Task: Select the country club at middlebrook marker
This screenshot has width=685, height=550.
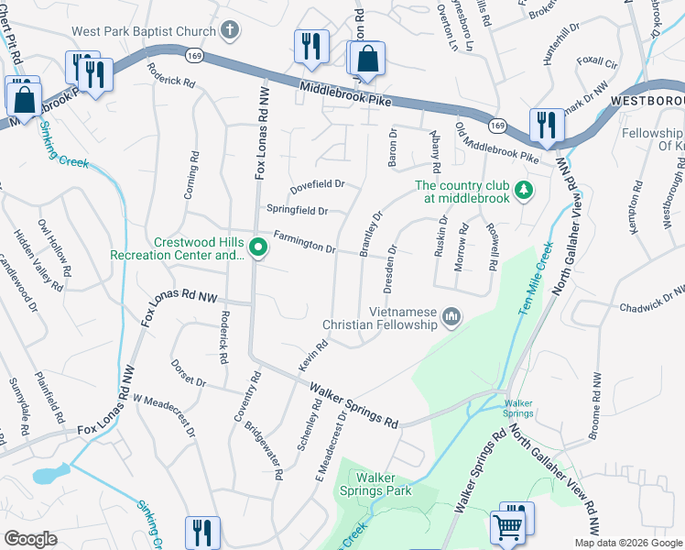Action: coord(523,191)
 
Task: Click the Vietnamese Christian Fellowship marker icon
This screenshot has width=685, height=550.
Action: coord(451,317)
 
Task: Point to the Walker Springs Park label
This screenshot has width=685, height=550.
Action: coord(384,484)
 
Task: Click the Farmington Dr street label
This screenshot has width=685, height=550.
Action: coord(305,243)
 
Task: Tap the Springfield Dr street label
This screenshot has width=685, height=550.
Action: coord(296,210)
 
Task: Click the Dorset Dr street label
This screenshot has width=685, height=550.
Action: coord(188,372)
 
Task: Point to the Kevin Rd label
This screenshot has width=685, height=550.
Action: coord(312,357)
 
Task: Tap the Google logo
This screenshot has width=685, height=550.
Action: coord(29,539)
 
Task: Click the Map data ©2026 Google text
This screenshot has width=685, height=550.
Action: coord(627,543)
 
